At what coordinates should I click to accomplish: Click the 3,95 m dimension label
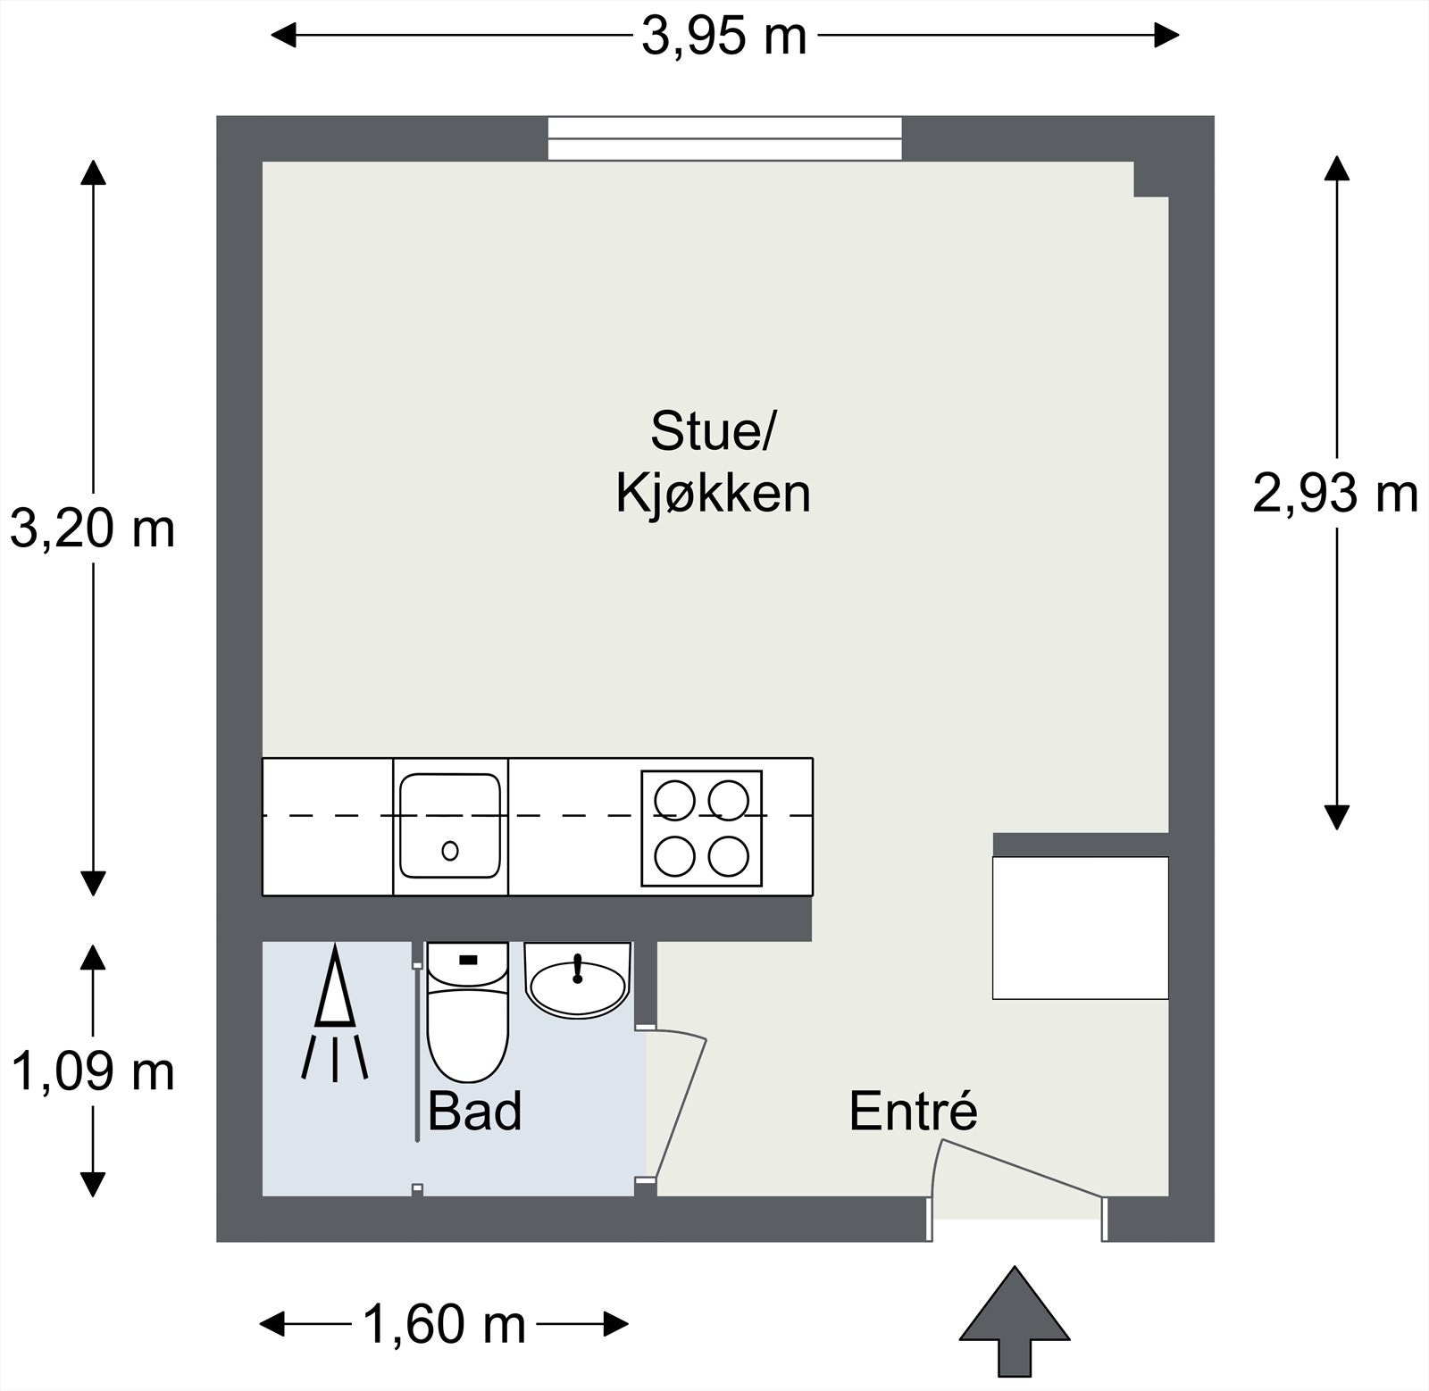point(724,37)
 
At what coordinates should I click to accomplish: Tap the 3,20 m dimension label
point(92,529)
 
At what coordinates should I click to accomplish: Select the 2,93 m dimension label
point(1335,493)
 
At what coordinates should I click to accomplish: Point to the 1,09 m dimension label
point(92,1071)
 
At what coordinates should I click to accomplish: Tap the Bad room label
point(474,1112)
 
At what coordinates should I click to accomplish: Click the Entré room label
point(913,1111)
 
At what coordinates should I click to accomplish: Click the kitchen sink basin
point(449,826)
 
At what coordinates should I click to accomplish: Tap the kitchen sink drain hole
point(450,850)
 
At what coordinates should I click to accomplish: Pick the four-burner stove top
point(701,828)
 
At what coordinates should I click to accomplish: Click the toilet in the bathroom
point(467,1012)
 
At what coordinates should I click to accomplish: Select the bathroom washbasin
point(578,980)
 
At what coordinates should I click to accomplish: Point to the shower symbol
point(335,1012)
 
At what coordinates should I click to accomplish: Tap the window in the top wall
point(724,138)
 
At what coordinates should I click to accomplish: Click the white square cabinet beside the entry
point(1081,928)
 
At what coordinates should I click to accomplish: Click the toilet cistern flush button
point(468,960)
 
